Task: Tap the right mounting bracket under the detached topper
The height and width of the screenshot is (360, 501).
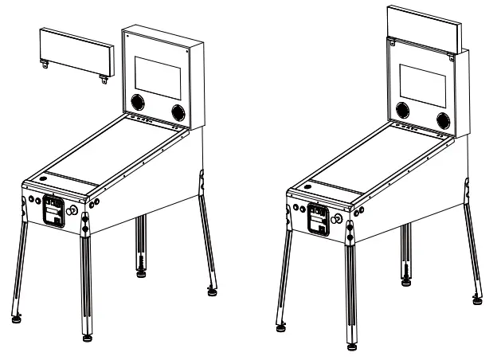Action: (x=104, y=78)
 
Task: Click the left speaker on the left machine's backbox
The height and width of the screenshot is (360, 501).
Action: (x=138, y=102)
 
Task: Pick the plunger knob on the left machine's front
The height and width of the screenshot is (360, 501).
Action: (x=74, y=211)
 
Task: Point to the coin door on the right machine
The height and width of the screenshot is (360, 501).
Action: (x=317, y=218)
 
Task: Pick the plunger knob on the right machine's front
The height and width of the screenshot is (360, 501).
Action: (x=339, y=217)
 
